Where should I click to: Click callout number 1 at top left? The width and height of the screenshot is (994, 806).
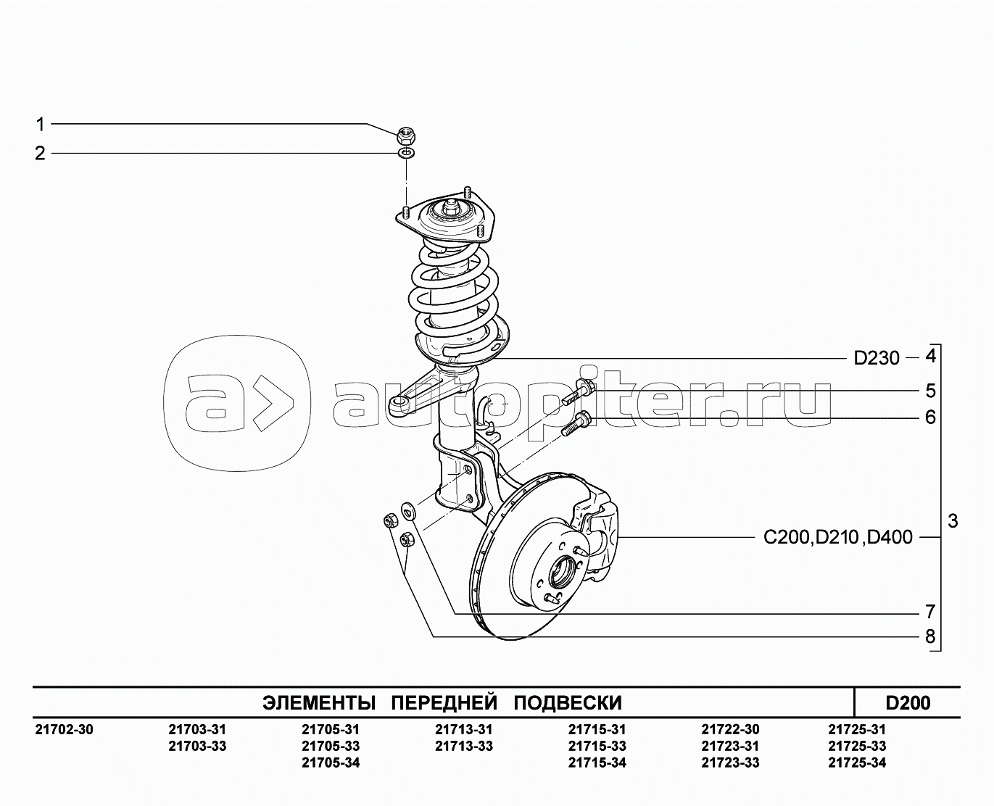pyautogui.click(x=41, y=125)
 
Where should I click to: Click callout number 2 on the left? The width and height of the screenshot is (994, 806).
pyautogui.click(x=40, y=154)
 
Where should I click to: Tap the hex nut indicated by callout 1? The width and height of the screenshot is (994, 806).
pyautogui.click(x=407, y=136)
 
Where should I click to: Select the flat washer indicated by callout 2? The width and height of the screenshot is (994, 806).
pyautogui.click(x=406, y=153)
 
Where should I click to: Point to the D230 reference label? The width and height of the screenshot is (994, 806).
pyautogui.click(x=876, y=358)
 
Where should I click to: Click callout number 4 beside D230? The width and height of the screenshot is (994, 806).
pyautogui.click(x=930, y=357)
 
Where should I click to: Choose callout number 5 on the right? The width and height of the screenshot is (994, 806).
pyautogui.click(x=930, y=391)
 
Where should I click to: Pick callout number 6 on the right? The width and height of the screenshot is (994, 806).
pyautogui.click(x=930, y=417)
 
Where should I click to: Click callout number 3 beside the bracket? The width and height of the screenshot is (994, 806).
pyautogui.click(x=953, y=521)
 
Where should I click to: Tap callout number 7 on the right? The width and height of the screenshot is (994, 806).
pyautogui.click(x=930, y=611)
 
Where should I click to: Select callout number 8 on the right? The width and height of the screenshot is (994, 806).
pyautogui.click(x=930, y=636)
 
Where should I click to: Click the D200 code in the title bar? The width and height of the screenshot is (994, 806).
pyautogui.click(x=908, y=703)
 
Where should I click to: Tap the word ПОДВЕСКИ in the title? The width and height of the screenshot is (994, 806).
pyautogui.click(x=568, y=703)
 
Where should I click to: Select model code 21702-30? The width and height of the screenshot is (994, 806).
pyautogui.click(x=64, y=729)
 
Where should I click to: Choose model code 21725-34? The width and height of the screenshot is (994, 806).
pyautogui.click(x=857, y=763)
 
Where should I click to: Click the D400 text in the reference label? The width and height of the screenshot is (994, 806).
pyautogui.click(x=890, y=537)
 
